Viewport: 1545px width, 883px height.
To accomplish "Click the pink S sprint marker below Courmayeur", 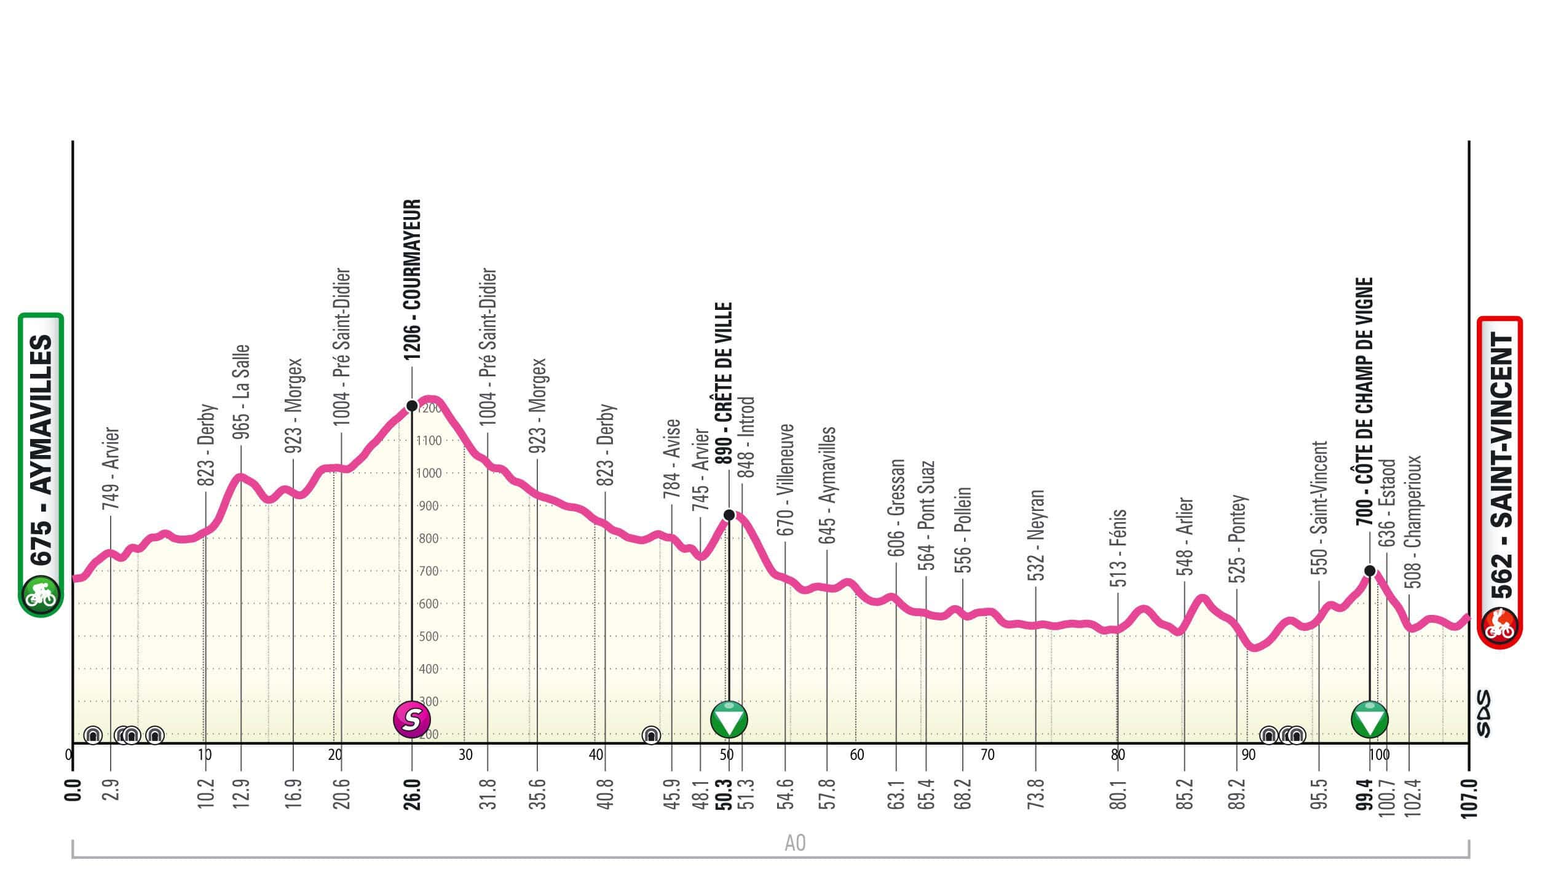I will click(x=412, y=718).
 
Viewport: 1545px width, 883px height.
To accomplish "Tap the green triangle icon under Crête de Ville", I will click(x=729, y=719).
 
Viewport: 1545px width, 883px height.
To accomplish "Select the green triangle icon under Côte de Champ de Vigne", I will click(x=1370, y=719).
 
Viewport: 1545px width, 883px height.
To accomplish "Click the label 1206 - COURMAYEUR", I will click(x=411, y=280).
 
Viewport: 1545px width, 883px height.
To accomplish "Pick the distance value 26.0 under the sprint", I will click(x=412, y=795).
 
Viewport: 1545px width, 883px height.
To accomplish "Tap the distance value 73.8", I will click(x=1037, y=794).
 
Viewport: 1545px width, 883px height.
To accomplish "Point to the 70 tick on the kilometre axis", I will click(x=987, y=755).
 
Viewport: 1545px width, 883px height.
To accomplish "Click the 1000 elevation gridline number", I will click(x=429, y=473).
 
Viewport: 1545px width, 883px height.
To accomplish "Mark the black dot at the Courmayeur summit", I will click(x=412, y=406).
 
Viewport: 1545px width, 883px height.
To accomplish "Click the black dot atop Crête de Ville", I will click(x=729, y=515).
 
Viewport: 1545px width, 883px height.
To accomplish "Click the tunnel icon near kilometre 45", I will click(x=650, y=734).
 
